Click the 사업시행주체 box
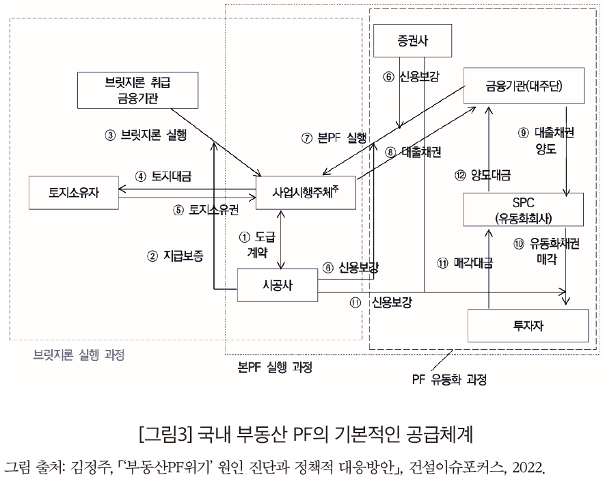pos(306,191)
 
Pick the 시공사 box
pos(278,284)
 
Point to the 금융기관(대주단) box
pos(524,86)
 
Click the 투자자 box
pos(528,325)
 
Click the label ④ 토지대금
pos(163,176)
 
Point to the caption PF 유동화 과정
pos(453,377)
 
